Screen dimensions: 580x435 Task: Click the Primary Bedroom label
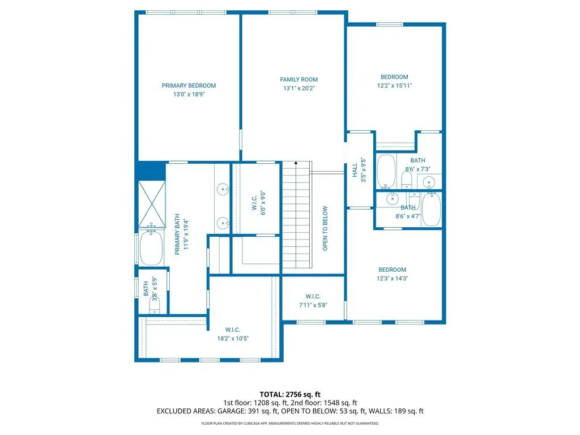(189, 86)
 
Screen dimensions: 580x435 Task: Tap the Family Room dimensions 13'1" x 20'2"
(299, 88)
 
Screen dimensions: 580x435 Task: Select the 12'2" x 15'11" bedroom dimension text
(394, 86)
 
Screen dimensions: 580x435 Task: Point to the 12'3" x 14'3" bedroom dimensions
(392, 278)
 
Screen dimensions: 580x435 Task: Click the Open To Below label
(325, 228)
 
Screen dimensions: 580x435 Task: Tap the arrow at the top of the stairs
(296, 163)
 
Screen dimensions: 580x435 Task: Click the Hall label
(355, 170)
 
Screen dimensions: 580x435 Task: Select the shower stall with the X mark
(152, 203)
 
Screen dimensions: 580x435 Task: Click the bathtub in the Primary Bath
(151, 246)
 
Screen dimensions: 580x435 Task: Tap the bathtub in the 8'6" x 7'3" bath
(386, 171)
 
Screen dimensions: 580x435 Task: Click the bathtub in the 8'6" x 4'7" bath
(431, 209)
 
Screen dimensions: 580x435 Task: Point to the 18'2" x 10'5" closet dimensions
(233, 338)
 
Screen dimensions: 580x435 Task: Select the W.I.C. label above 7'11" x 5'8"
(313, 296)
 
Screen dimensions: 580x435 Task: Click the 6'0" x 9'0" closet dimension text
(263, 203)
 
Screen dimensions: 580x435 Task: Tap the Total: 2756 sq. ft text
(290, 394)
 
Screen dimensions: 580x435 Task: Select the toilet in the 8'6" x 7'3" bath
(407, 180)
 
